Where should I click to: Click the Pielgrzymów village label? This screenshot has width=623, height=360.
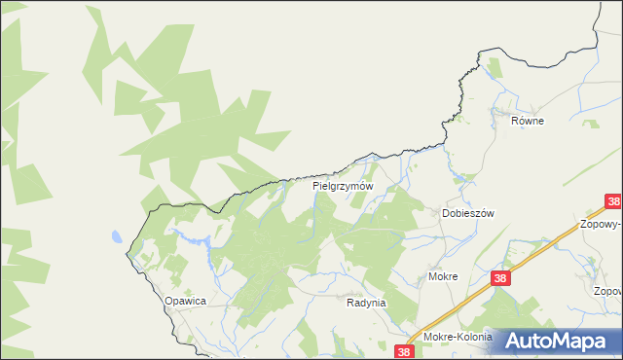pos(343,185)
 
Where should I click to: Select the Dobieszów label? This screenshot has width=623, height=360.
pos(469,213)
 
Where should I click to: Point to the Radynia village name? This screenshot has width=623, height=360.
pos(366,303)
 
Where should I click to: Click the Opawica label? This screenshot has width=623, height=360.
pos(185,302)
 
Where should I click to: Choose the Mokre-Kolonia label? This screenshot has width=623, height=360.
pos(458,338)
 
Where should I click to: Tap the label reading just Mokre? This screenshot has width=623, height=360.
pos(443,276)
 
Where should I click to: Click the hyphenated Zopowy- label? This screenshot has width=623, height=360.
pos(603,223)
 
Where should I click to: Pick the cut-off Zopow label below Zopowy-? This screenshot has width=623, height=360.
pos(606,291)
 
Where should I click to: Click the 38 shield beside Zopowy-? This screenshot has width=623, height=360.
pos(612,202)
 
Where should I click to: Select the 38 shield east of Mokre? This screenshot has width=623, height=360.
pos(500,278)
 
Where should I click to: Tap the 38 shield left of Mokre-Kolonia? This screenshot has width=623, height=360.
pos(406,349)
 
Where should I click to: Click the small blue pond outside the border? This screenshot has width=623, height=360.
pos(117,236)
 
